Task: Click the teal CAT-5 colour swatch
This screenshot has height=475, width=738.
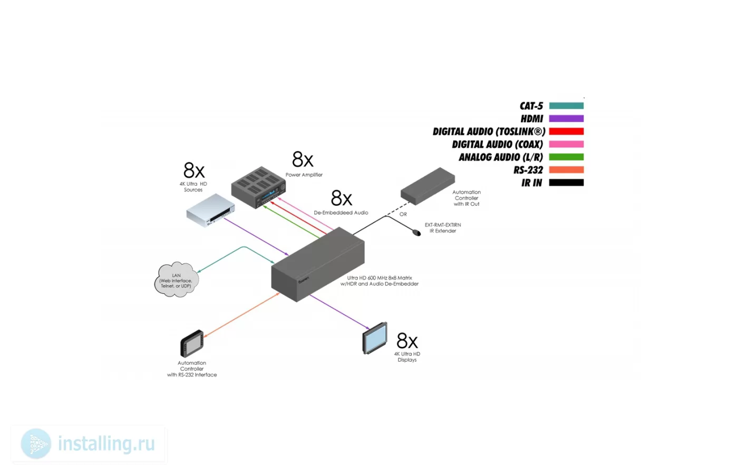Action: [x=566, y=106]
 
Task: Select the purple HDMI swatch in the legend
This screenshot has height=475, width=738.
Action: [x=566, y=118]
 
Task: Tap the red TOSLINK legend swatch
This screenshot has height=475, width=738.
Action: [x=566, y=131]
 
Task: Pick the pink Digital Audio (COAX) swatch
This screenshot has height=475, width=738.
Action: [x=566, y=144]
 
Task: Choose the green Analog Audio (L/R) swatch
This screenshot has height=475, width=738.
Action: [x=566, y=157]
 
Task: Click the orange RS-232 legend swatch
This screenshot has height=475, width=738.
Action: [x=566, y=170]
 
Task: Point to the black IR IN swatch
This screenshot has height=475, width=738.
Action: [x=566, y=183]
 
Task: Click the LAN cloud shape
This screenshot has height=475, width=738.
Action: [x=177, y=279]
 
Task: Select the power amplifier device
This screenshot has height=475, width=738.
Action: [x=258, y=187]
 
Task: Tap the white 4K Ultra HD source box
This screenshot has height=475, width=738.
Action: [x=210, y=210]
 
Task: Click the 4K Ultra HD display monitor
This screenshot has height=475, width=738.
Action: [x=375, y=338]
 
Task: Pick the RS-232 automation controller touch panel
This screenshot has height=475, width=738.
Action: [x=192, y=344]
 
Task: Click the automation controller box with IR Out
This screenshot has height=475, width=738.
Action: [x=428, y=186]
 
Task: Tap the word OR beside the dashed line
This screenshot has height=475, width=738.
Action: [x=403, y=214]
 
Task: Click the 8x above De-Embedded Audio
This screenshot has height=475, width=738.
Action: [x=342, y=198]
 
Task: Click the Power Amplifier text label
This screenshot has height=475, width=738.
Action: [x=304, y=175]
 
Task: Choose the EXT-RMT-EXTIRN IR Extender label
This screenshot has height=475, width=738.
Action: [x=443, y=228]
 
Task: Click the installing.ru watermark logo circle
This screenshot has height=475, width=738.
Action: [x=36, y=444]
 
